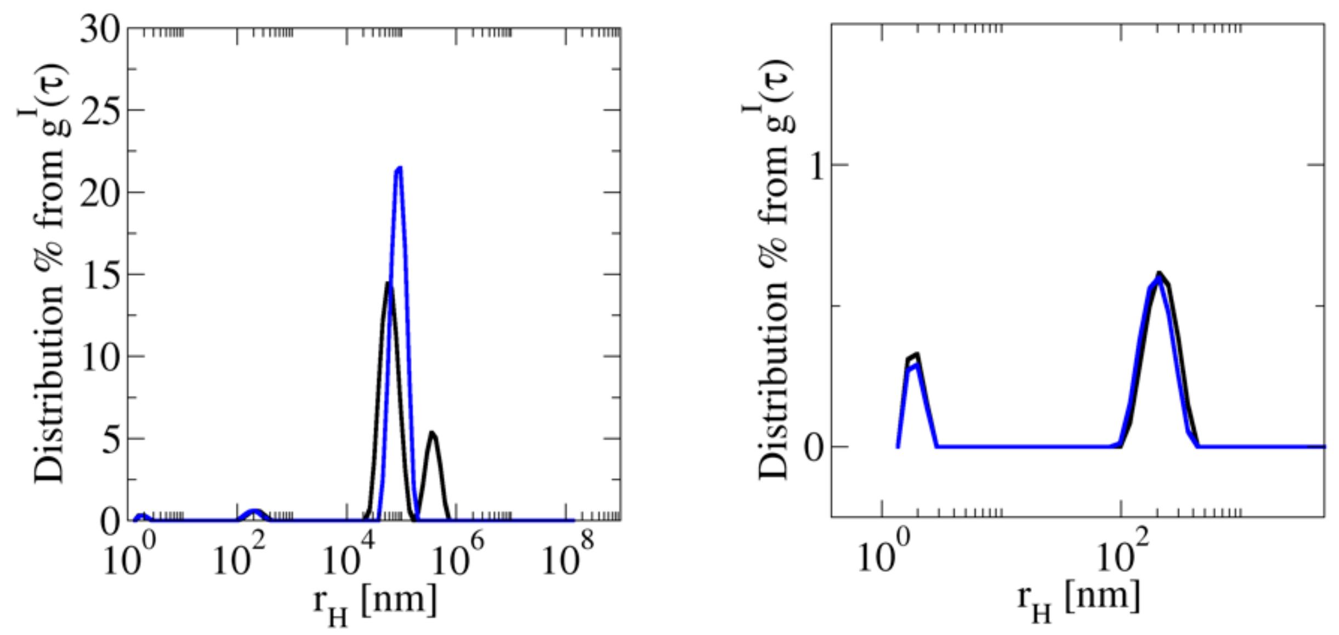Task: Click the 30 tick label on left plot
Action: (100, 29)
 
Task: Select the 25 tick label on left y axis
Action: (100, 110)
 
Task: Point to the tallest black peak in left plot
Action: (388, 283)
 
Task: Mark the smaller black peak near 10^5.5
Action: (433, 433)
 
